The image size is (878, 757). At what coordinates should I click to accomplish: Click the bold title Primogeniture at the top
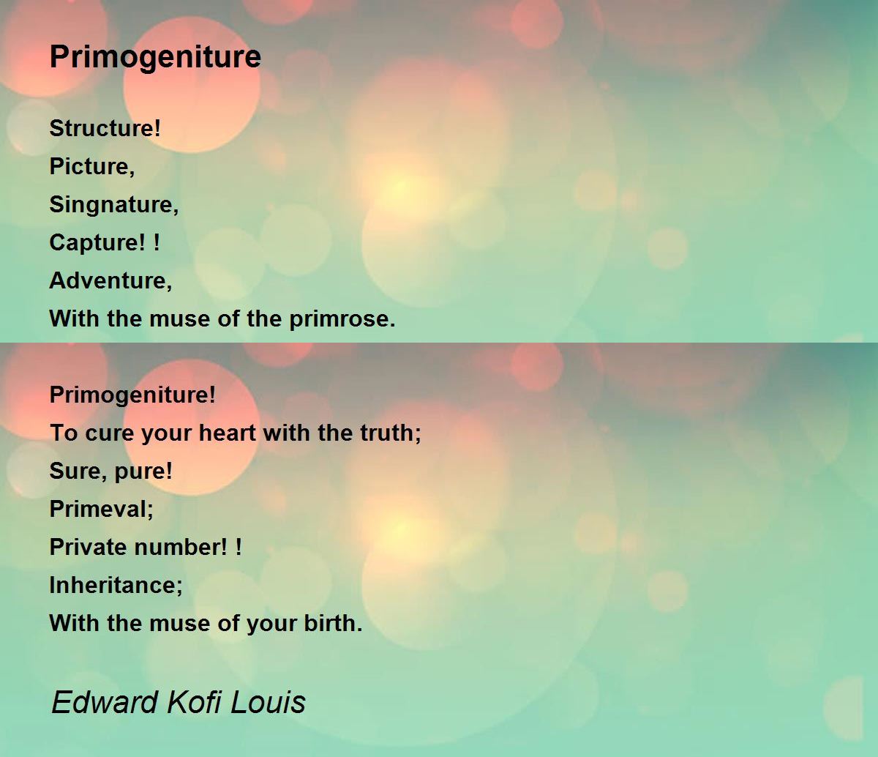click(155, 57)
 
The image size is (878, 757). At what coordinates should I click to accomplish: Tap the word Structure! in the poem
click(105, 128)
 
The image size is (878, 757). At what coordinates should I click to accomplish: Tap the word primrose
click(342, 320)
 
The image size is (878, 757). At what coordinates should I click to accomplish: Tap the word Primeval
click(101, 508)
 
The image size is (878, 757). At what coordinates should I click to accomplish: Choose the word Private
click(89, 547)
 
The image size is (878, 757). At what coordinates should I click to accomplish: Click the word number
click(181, 547)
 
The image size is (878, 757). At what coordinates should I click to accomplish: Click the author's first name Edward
click(105, 702)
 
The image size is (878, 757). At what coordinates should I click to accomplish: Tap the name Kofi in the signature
click(195, 702)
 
